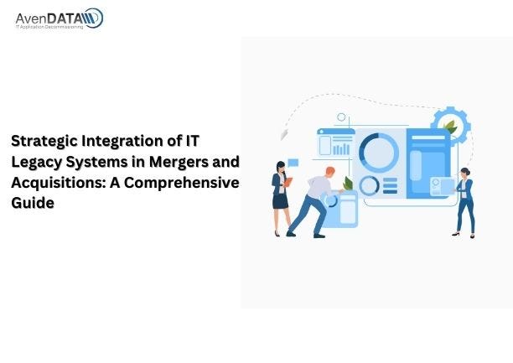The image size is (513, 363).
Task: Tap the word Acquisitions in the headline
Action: [x=53, y=182]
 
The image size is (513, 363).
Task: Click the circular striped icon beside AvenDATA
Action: [x=92, y=18]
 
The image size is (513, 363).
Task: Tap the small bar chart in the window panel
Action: [x=341, y=148]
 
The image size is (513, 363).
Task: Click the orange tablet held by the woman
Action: [x=288, y=181]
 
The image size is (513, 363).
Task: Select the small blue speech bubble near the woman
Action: [x=293, y=162]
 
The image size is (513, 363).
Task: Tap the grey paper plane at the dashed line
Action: [x=284, y=133]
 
